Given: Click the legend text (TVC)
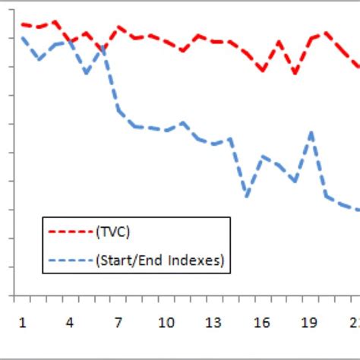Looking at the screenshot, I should pyautogui.click(x=118, y=232).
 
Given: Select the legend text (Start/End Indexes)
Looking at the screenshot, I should pyautogui.click(x=159, y=261).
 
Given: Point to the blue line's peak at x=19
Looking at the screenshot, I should pyautogui.click(x=311, y=132).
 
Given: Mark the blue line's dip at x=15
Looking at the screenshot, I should pyautogui.click(x=247, y=196).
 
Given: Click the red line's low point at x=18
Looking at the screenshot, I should pyautogui.click(x=295, y=73).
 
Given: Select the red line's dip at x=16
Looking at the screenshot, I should pyautogui.click(x=263, y=70).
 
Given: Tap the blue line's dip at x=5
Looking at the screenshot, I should pyautogui.click(x=87, y=73).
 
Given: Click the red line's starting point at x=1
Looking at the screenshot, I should pyautogui.click(x=22, y=24).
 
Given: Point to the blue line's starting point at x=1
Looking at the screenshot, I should pyautogui.click(x=23, y=37).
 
